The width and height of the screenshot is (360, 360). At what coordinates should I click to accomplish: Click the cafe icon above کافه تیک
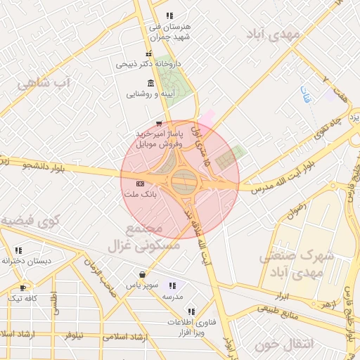[23, 288]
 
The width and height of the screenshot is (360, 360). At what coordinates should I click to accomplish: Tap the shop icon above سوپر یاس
[143, 274]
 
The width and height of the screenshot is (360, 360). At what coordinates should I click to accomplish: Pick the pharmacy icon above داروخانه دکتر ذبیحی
[148, 55]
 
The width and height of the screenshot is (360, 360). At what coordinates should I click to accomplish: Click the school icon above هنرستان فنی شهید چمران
[169, 15]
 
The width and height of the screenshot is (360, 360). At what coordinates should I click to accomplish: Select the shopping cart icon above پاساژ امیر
[167, 123]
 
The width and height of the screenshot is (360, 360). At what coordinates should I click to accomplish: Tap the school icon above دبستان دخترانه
[18, 250]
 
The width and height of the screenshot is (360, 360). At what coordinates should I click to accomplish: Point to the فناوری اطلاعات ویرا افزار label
[186, 325]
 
